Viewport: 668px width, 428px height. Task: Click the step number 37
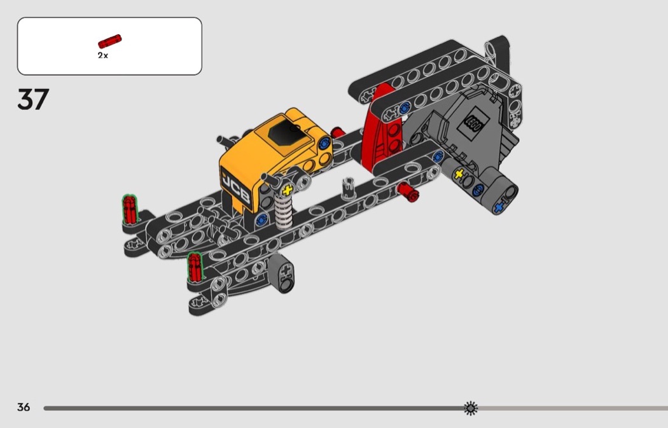click(x=33, y=99)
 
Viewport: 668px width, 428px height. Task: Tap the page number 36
click(x=24, y=407)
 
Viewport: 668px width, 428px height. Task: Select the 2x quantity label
click(x=102, y=55)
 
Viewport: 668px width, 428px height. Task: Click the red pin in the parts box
click(x=110, y=41)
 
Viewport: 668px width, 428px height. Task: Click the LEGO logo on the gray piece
click(x=473, y=123)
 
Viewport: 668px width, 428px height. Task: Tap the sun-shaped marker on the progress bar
click(x=471, y=408)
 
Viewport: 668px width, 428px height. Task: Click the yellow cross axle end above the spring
click(x=288, y=190)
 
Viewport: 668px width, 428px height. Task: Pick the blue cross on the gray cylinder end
click(x=498, y=208)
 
